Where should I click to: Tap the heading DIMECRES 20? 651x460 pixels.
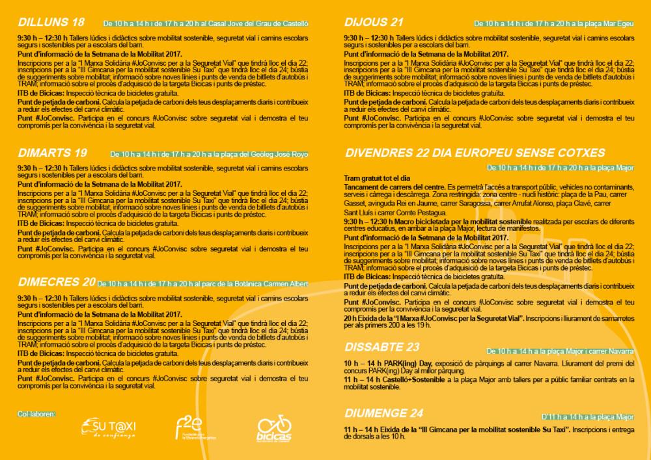(x=57, y=282)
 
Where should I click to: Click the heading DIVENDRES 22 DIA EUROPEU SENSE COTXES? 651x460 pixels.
(x=475, y=153)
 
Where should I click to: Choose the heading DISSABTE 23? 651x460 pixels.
(x=381, y=346)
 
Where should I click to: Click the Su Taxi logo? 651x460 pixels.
(x=113, y=428)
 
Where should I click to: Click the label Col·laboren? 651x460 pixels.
(x=36, y=414)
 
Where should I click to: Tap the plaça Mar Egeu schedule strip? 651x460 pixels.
(x=553, y=23)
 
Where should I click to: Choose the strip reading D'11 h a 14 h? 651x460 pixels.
(x=587, y=417)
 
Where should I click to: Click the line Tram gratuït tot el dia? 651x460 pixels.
(x=377, y=178)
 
